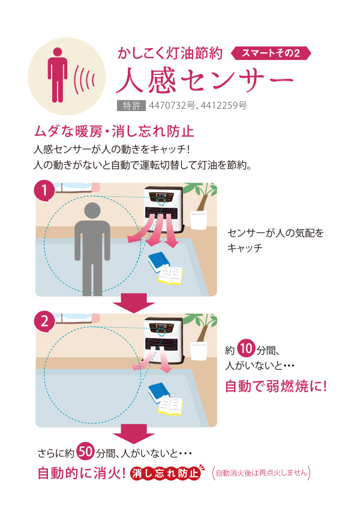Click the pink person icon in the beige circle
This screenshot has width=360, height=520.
pyautogui.click(x=58, y=75)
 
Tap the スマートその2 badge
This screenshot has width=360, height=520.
pyautogui.click(x=271, y=53)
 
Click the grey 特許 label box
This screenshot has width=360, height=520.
pyautogui.click(x=131, y=106)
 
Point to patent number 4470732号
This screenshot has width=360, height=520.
pyautogui.click(x=172, y=106)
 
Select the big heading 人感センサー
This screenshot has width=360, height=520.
pyautogui.click(x=205, y=80)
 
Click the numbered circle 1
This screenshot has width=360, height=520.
pyautogui.click(x=44, y=191)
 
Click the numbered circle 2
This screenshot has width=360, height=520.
pyautogui.click(x=44, y=321)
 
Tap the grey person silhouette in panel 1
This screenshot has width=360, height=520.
pyautogui.click(x=92, y=249)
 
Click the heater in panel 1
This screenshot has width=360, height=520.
pyautogui.click(x=163, y=210)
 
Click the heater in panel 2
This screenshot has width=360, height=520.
pyautogui.click(x=163, y=340)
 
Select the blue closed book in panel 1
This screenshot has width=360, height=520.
pyautogui.click(x=159, y=261)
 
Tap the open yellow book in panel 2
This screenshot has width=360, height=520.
pyautogui.click(x=170, y=406)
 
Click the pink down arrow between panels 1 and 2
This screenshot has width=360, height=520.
pyautogui.click(x=134, y=303)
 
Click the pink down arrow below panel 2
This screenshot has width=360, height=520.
pyautogui.click(x=134, y=434)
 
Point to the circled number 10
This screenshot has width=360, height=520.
pyautogui.click(x=246, y=348)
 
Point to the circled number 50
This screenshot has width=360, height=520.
pyautogui.click(x=86, y=452)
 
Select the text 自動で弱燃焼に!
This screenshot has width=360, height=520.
pyautogui.click(x=276, y=386)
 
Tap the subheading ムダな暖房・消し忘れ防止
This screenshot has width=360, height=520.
pyautogui.click(x=114, y=132)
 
